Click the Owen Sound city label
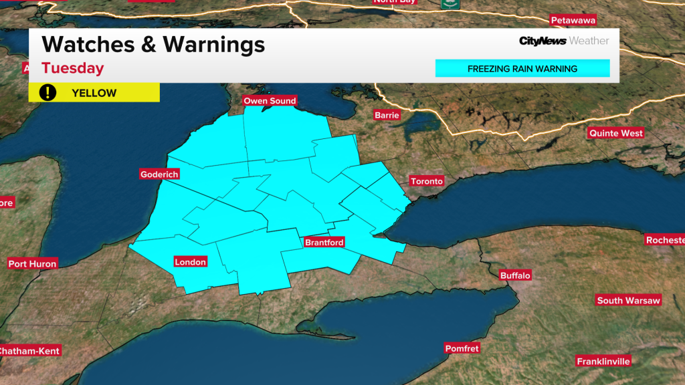(x=270, y=101)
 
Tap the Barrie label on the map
(x=387, y=115)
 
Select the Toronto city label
(x=427, y=181)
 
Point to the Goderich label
(x=159, y=174)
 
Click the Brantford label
(x=324, y=242)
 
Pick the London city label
(x=190, y=262)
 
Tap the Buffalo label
(x=515, y=275)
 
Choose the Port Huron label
(x=33, y=264)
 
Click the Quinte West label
(x=615, y=133)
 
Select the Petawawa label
(x=572, y=20)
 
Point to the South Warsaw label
(x=628, y=301)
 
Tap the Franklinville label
(x=603, y=362)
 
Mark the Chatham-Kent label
(x=29, y=351)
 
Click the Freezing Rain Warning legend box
(x=522, y=68)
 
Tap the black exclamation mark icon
(x=47, y=92)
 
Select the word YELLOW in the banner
(x=94, y=93)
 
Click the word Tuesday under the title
(x=73, y=68)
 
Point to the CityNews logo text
(x=543, y=41)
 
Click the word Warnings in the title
(x=214, y=45)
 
